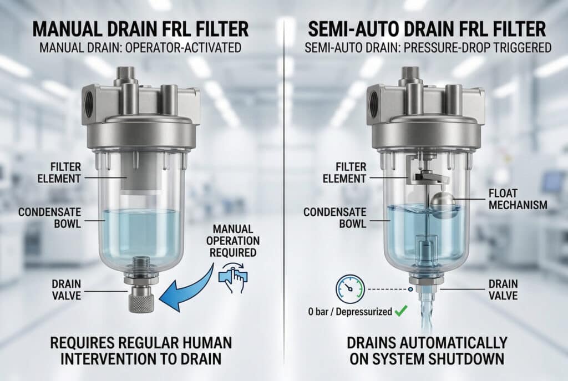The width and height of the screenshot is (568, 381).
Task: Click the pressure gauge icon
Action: point(350,288)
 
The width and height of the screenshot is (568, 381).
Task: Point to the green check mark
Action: point(401,311)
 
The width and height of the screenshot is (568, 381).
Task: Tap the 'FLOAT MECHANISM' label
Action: point(518,199)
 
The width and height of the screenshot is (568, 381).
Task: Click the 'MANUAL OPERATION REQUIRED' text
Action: point(232,241)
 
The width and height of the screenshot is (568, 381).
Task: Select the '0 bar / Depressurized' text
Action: point(350,312)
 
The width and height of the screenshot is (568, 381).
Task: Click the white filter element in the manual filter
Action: point(140,174)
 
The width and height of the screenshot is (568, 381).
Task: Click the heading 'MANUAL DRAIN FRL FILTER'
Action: point(140,29)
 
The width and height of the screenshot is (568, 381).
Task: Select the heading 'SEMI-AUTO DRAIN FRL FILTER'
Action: point(427,29)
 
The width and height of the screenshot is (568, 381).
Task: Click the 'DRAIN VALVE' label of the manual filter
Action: point(67,289)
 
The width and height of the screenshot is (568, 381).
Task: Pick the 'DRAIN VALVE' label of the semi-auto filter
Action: point(503,289)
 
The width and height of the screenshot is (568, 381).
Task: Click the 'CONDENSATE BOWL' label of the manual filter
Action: point(49,217)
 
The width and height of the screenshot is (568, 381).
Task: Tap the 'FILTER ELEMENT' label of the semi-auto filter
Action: point(344,173)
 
